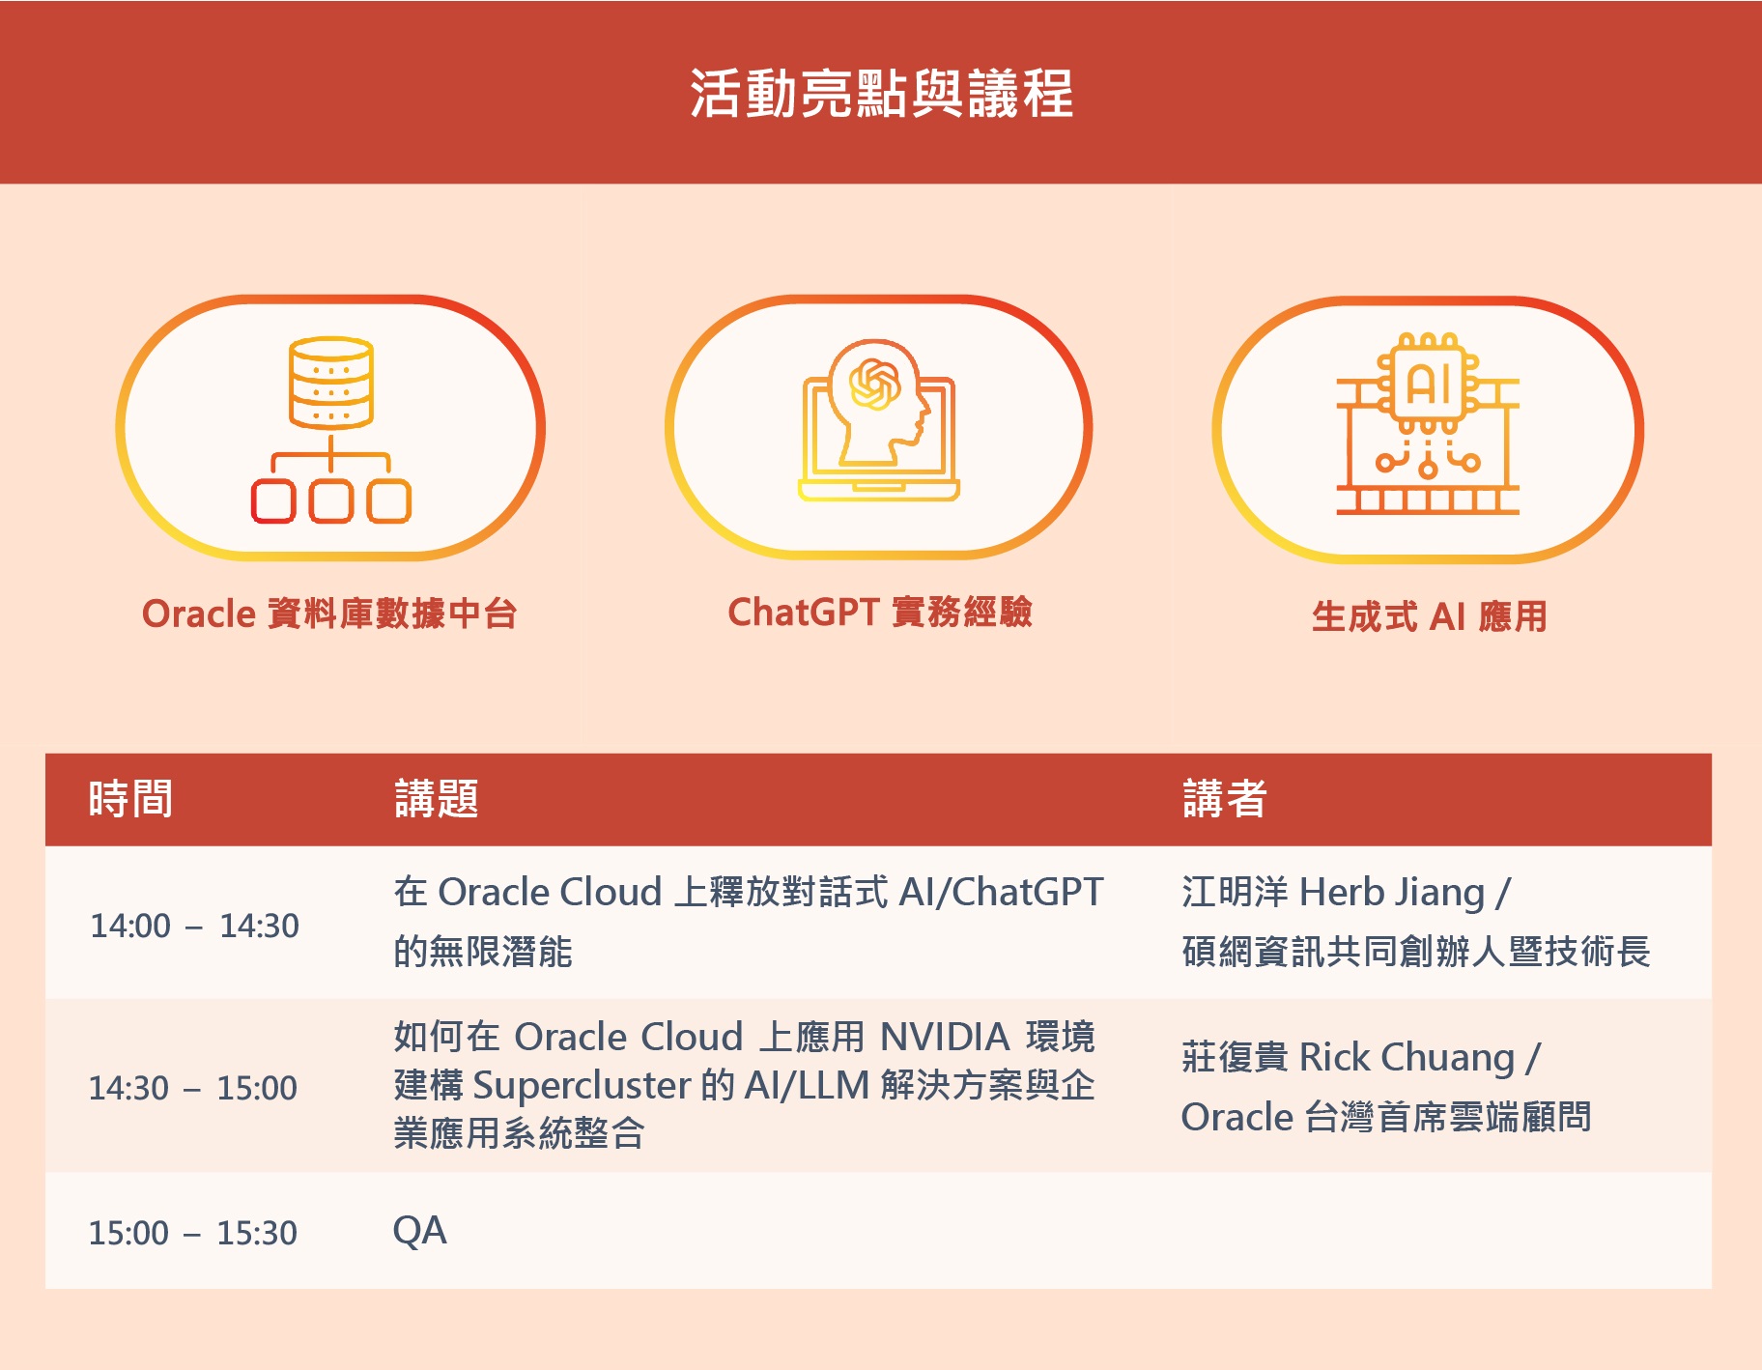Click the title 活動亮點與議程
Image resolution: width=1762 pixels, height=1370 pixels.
coord(881,94)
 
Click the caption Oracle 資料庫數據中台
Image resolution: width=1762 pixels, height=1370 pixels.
coord(329,614)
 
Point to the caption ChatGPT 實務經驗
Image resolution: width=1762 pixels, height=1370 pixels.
coord(880,612)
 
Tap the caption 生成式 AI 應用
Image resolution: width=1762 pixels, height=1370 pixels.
coord(1430,616)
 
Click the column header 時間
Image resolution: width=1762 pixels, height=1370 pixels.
coord(130,799)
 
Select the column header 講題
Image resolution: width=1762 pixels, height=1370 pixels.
coord(437,799)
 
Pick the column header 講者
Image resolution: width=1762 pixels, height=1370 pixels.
coord(1225,799)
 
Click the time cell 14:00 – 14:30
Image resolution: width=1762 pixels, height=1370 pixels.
coord(194,926)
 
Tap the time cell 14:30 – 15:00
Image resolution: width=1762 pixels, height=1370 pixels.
coord(193,1088)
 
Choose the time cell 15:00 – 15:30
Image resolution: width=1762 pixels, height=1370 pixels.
coord(193,1233)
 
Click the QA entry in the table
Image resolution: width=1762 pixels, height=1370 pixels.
coord(419,1231)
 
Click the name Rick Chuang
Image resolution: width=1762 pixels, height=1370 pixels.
coord(1407,1058)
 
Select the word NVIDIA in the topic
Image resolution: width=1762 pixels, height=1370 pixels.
coord(945,1037)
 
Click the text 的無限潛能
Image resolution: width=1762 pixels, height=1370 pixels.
coord(483,952)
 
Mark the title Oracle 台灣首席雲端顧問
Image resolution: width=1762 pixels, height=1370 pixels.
coord(1386,1117)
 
